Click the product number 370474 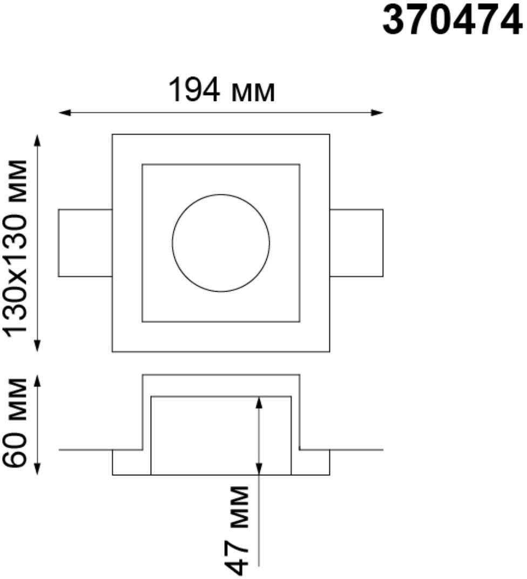[x=452, y=22]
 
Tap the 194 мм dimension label [x=222, y=91]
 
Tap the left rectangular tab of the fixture [x=85, y=243]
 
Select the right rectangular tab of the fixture [x=356, y=243]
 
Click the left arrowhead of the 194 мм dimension [x=65, y=113]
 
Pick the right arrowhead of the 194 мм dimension [x=377, y=113]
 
